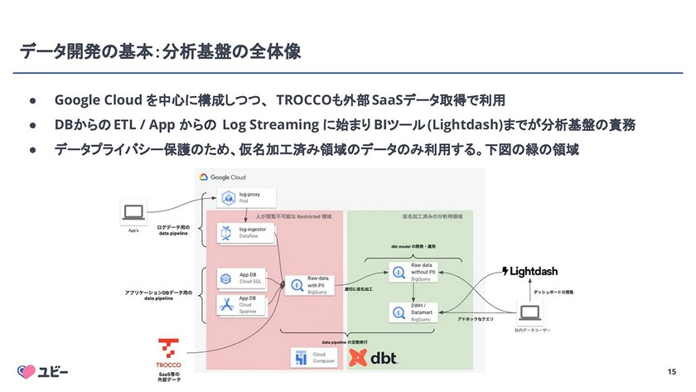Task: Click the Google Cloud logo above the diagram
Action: pos(224,177)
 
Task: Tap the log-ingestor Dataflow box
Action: pos(240,233)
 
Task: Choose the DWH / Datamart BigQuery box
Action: pos(417,312)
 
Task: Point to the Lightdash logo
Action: pos(539,271)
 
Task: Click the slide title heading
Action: pos(161,51)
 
